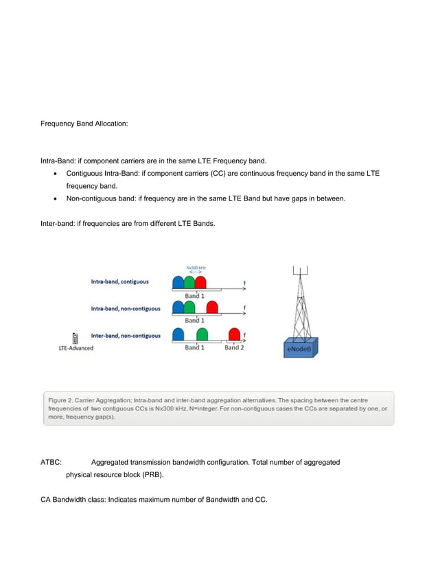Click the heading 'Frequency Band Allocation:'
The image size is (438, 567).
click(84, 125)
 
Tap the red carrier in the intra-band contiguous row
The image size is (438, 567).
click(200, 283)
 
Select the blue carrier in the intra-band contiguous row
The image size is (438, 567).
click(178, 283)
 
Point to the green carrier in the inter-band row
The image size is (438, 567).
click(202, 335)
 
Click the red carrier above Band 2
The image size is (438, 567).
click(234, 335)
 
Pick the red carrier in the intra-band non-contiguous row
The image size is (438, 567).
click(212, 309)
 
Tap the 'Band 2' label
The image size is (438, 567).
click(233, 347)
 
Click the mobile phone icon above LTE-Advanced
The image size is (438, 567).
click(75, 337)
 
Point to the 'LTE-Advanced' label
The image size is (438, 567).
click(76, 348)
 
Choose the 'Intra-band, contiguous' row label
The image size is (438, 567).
click(119, 281)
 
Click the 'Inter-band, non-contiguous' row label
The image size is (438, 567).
click(126, 336)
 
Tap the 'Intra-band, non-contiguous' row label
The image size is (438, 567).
click(126, 308)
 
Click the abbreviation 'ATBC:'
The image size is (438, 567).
click(52, 463)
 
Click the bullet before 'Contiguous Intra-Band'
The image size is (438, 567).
click(55, 174)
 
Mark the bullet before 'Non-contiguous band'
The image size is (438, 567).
click(55, 198)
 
